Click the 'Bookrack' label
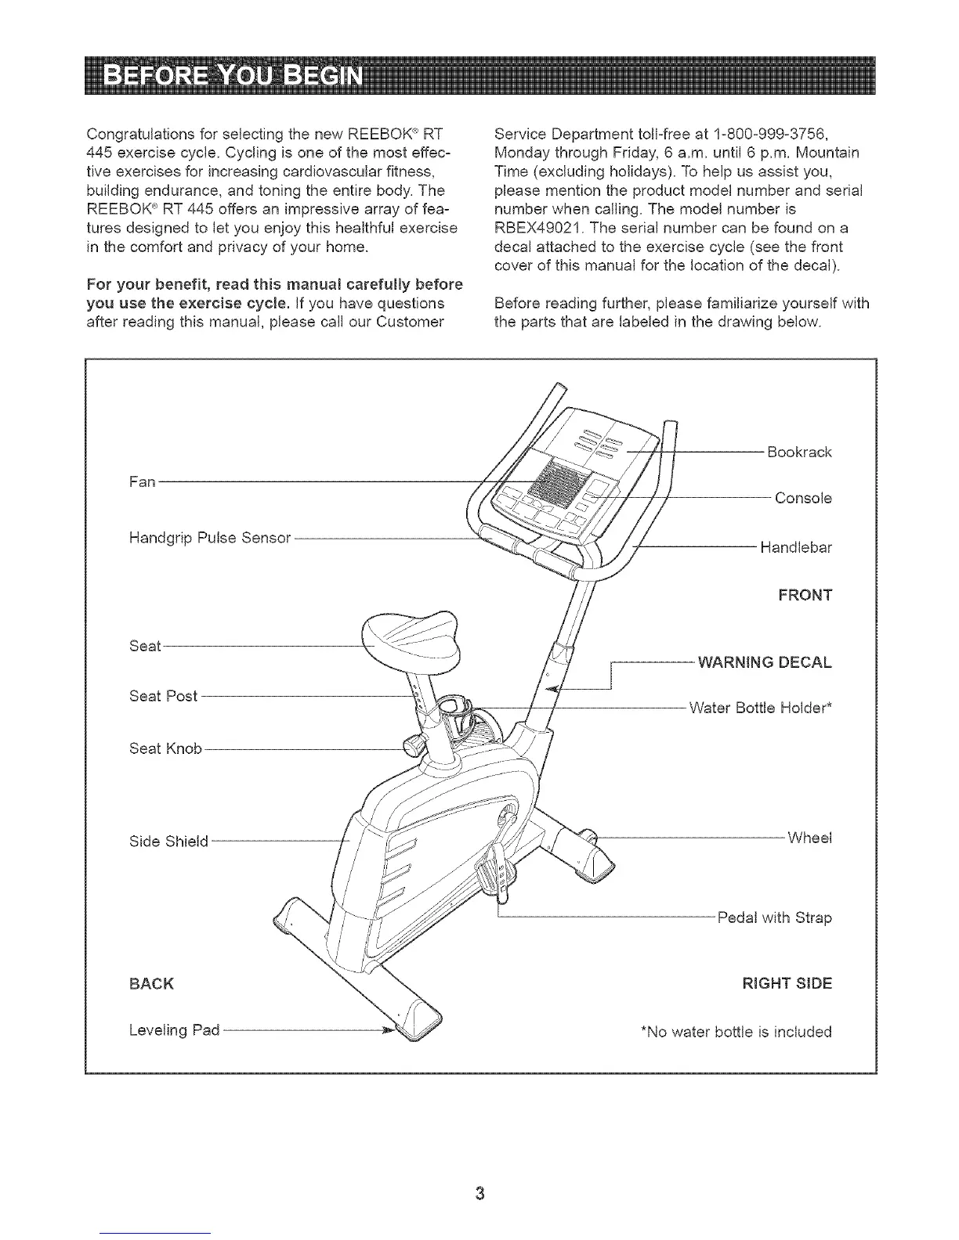coord(799,452)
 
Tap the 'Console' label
coord(802,499)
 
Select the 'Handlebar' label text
coord(795,548)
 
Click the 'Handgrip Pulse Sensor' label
coord(209,538)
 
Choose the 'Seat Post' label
coord(164,696)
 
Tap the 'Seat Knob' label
coord(165,749)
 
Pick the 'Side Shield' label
coord(168,842)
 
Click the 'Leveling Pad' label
coord(174,1029)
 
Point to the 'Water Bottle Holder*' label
coord(760,708)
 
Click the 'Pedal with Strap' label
coord(774,917)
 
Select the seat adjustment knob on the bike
coord(411,744)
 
